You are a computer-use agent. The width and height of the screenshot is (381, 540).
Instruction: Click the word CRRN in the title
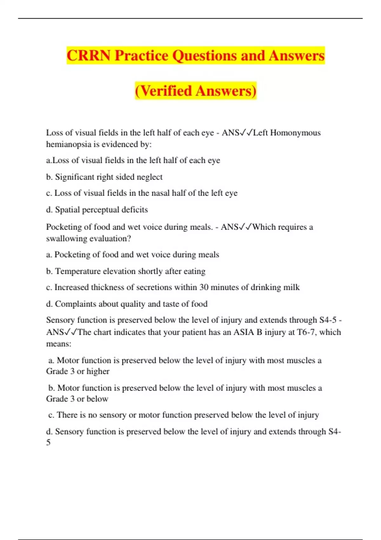(89, 56)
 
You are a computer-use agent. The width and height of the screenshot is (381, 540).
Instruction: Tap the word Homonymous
(295, 133)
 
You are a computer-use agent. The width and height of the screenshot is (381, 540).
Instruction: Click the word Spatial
(67, 210)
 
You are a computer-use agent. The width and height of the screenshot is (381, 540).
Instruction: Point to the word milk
(291, 287)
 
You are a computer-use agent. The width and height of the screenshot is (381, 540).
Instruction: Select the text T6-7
(306, 332)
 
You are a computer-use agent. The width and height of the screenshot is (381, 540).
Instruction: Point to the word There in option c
(67, 415)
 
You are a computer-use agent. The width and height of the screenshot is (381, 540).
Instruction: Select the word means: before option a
(59, 344)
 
